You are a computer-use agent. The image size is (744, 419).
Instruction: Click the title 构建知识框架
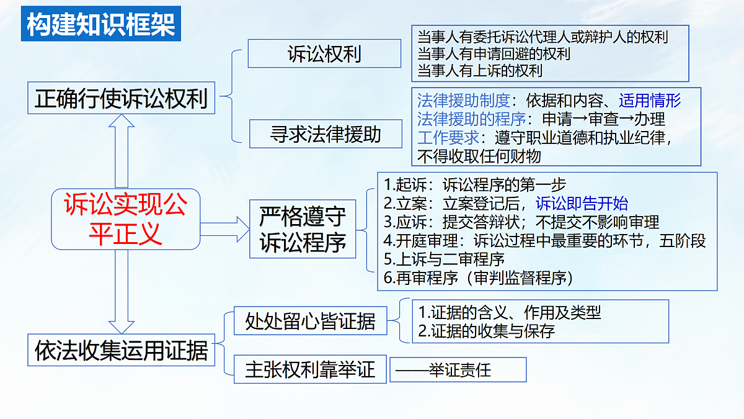[101, 24]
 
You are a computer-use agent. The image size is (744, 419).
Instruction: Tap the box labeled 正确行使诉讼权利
[122, 99]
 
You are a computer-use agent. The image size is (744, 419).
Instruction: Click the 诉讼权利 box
[324, 54]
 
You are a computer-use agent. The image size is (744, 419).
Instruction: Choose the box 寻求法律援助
[326, 134]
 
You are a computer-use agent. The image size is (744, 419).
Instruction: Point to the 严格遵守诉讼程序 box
[303, 228]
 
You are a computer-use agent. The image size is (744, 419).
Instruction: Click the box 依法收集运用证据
[122, 351]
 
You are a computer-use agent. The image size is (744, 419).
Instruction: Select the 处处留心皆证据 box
[311, 322]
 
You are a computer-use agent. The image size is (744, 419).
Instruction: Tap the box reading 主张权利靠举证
[311, 370]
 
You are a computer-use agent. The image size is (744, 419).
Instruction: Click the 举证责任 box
[458, 370]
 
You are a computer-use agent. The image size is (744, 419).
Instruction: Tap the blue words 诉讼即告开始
[582, 203]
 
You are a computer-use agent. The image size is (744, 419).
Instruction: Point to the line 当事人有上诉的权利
[480, 70]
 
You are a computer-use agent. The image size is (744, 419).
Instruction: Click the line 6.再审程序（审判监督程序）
[477, 278]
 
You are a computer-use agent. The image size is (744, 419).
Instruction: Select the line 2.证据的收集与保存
[487, 331]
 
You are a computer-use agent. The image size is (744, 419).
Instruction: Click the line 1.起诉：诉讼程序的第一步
[475, 184]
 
